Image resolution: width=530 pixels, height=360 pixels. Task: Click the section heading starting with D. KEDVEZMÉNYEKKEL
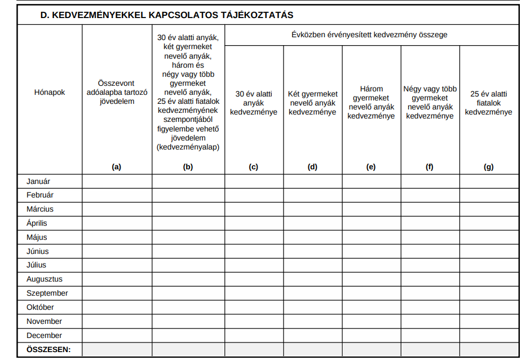(166, 15)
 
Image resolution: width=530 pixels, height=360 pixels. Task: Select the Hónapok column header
(50, 92)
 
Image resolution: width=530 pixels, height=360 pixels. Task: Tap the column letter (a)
(117, 166)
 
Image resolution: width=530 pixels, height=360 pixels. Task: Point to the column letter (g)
(489, 166)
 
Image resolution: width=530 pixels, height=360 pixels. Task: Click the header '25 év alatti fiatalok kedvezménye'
(489, 103)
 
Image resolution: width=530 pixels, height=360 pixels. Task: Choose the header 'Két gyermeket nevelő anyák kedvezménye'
(313, 103)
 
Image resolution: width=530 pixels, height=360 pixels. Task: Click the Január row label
(38, 181)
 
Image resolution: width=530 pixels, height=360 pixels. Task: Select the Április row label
(37, 223)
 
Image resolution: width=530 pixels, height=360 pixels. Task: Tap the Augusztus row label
(45, 279)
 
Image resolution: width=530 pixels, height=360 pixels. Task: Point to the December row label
(44, 335)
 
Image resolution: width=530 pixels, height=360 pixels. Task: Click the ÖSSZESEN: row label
(48, 349)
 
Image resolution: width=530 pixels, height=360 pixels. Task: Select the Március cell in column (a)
(117, 209)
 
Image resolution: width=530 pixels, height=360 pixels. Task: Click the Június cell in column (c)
(254, 251)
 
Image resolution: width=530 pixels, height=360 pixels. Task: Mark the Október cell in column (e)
(371, 308)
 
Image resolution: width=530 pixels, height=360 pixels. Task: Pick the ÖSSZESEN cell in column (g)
(489, 349)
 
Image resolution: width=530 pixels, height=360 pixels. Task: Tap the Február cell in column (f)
(430, 195)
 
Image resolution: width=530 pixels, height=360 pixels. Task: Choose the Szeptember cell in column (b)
(188, 293)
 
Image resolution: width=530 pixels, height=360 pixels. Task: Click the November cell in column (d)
(313, 321)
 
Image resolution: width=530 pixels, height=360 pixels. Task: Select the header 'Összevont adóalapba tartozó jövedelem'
(117, 92)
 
